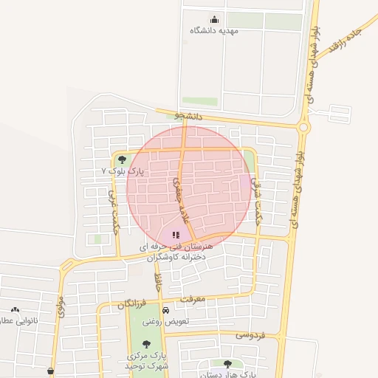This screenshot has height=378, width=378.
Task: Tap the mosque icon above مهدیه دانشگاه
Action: [x=214, y=19]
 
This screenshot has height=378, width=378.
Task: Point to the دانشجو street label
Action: [x=188, y=116]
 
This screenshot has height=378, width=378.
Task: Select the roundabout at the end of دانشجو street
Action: [x=303, y=127]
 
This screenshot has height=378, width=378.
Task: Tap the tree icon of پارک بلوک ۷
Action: [x=122, y=159]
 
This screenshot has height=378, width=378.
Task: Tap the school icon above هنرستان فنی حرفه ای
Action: [x=176, y=235]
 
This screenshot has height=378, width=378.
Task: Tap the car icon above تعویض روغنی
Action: [x=165, y=311]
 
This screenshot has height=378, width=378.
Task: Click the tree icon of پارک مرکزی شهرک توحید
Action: [x=145, y=343]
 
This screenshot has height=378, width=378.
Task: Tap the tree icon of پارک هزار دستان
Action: [x=227, y=364]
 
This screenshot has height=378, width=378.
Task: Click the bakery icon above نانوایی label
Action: [x=15, y=309]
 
